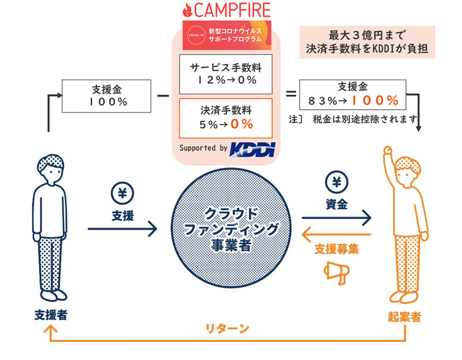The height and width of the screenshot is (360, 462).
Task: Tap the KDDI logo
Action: click(x=252, y=149)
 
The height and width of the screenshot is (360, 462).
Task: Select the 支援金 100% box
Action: click(x=107, y=96)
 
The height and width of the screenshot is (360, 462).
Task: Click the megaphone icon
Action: click(x=337, y=272)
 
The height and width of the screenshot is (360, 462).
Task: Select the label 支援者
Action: click(x=50, y=316)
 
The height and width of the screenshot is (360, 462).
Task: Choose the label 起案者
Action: click(x=404, y=317)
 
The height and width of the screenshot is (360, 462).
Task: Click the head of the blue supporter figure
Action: click(x=50, y=171)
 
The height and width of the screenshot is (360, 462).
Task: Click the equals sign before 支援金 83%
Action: click(x=291, y=94)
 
